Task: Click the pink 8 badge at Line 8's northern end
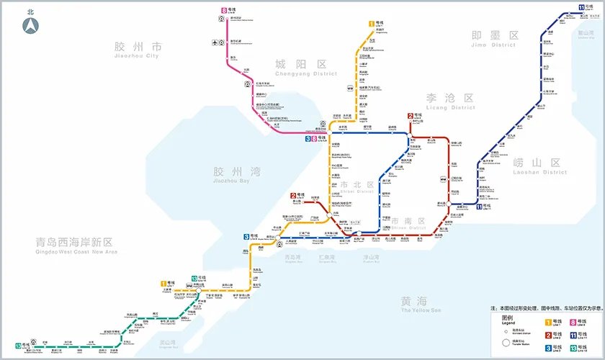(225, 11)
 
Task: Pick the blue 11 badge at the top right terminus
(581, 8)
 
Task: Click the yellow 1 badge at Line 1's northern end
(372, 24)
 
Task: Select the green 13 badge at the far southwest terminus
(18, 346)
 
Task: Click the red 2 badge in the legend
(548, 336)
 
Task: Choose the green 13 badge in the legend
(573, 348)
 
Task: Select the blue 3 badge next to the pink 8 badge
(308, 138)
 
